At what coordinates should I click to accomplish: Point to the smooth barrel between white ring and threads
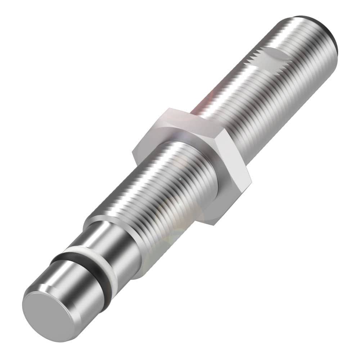tap(115, 248)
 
